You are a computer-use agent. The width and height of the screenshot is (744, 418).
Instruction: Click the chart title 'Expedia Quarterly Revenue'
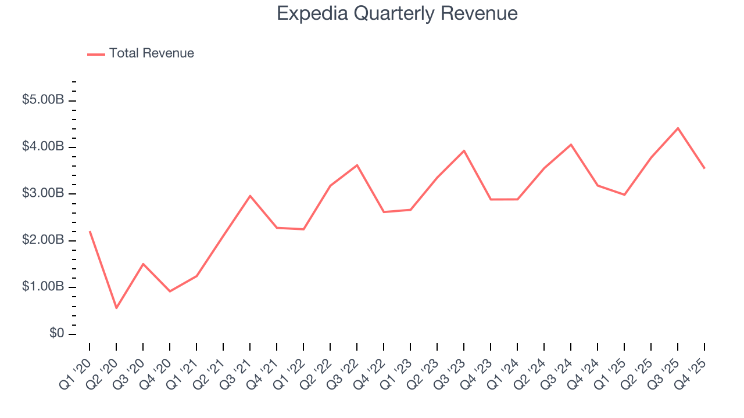click(397, 13)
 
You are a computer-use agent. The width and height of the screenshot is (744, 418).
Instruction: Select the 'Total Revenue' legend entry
click(151, 53)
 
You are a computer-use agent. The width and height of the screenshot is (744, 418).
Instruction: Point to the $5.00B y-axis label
click(43, 100)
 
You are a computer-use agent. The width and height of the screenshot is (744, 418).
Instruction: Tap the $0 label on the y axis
click(56, 334)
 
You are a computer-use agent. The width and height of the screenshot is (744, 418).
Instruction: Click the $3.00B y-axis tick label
click(43, 193)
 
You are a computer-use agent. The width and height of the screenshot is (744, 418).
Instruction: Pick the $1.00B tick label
click(43, 287)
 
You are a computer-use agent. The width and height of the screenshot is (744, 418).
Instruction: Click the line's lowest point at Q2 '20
click(116, 308)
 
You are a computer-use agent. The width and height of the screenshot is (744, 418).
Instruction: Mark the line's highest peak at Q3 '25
click(678, 128)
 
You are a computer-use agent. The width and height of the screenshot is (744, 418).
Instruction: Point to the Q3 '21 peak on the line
click(250, 196)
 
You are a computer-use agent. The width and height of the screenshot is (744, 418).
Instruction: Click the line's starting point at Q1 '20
click(90, 232)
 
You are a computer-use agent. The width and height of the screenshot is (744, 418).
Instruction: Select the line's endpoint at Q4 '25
click(704, 168)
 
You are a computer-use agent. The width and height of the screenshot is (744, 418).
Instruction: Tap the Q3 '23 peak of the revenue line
click(464, 150)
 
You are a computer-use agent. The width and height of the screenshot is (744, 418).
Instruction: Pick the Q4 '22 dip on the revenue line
click(384, 212)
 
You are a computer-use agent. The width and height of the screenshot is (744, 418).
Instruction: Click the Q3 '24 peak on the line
click(571, 145)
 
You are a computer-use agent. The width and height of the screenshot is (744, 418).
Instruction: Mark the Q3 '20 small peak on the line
click(143, 264)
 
